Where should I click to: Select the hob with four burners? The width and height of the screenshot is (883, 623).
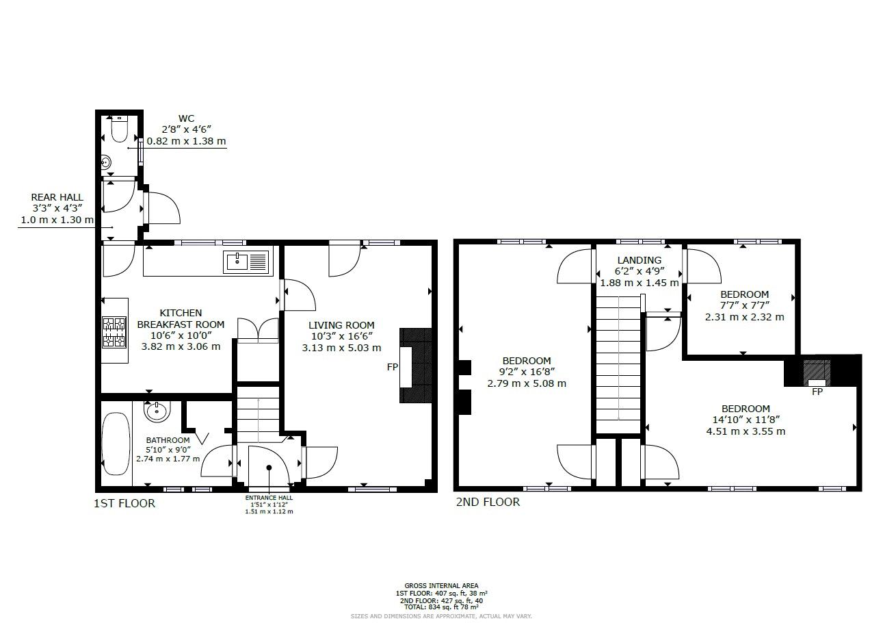tap(114, 332)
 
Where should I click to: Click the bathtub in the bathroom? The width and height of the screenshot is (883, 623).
tap(114, 443)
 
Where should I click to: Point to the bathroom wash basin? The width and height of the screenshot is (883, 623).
tap(156, 411)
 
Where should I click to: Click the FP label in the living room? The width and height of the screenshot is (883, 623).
tap(393, 368)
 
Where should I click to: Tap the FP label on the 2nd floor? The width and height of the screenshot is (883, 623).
tap(817, 392)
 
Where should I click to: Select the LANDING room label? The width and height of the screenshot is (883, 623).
tap(639, 260)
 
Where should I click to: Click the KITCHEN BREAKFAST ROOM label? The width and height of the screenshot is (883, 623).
tap(181, 318)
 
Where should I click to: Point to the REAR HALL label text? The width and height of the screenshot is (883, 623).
tap(57, 197)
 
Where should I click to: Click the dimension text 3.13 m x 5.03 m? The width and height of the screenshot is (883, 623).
tap(341, 348)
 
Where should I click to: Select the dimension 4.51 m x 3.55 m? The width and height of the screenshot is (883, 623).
tap(746, 431)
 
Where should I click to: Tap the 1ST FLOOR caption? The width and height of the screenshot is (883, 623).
tap(124, 504)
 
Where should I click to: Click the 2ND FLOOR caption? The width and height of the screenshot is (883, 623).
tap(488, 503)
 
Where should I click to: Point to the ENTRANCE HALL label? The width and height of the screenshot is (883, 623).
tap(269, 498)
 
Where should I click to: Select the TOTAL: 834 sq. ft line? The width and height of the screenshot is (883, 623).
tap(441, 607)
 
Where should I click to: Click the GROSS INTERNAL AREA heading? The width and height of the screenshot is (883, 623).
tap(441, 586)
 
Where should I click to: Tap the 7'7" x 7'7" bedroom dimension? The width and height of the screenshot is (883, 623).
tap(744, 306)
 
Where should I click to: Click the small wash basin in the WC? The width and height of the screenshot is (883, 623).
tap(106, 163)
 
